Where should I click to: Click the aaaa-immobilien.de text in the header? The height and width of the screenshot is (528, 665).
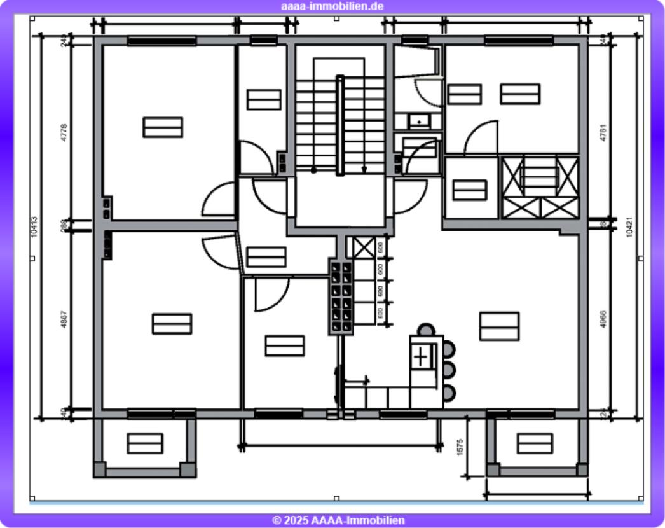(332, 6)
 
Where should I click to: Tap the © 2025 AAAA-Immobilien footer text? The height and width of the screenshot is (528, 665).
(338, 520)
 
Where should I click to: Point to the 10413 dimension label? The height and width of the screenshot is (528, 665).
(34, 227)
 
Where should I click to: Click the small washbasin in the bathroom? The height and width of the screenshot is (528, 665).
(418, 120)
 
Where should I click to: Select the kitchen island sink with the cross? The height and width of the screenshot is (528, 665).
(421, 357)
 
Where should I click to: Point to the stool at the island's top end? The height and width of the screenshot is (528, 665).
(426, 330)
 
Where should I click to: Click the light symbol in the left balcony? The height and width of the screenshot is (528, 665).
(145, 443)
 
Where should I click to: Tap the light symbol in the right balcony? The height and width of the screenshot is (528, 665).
(535, 443)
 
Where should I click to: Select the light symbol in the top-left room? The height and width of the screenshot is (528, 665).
(163, 127)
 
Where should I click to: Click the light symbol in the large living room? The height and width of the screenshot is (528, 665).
(499, 326)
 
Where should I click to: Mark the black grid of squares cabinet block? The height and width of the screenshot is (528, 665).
(340, 296)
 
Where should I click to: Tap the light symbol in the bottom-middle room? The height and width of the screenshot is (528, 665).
(284, 345)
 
